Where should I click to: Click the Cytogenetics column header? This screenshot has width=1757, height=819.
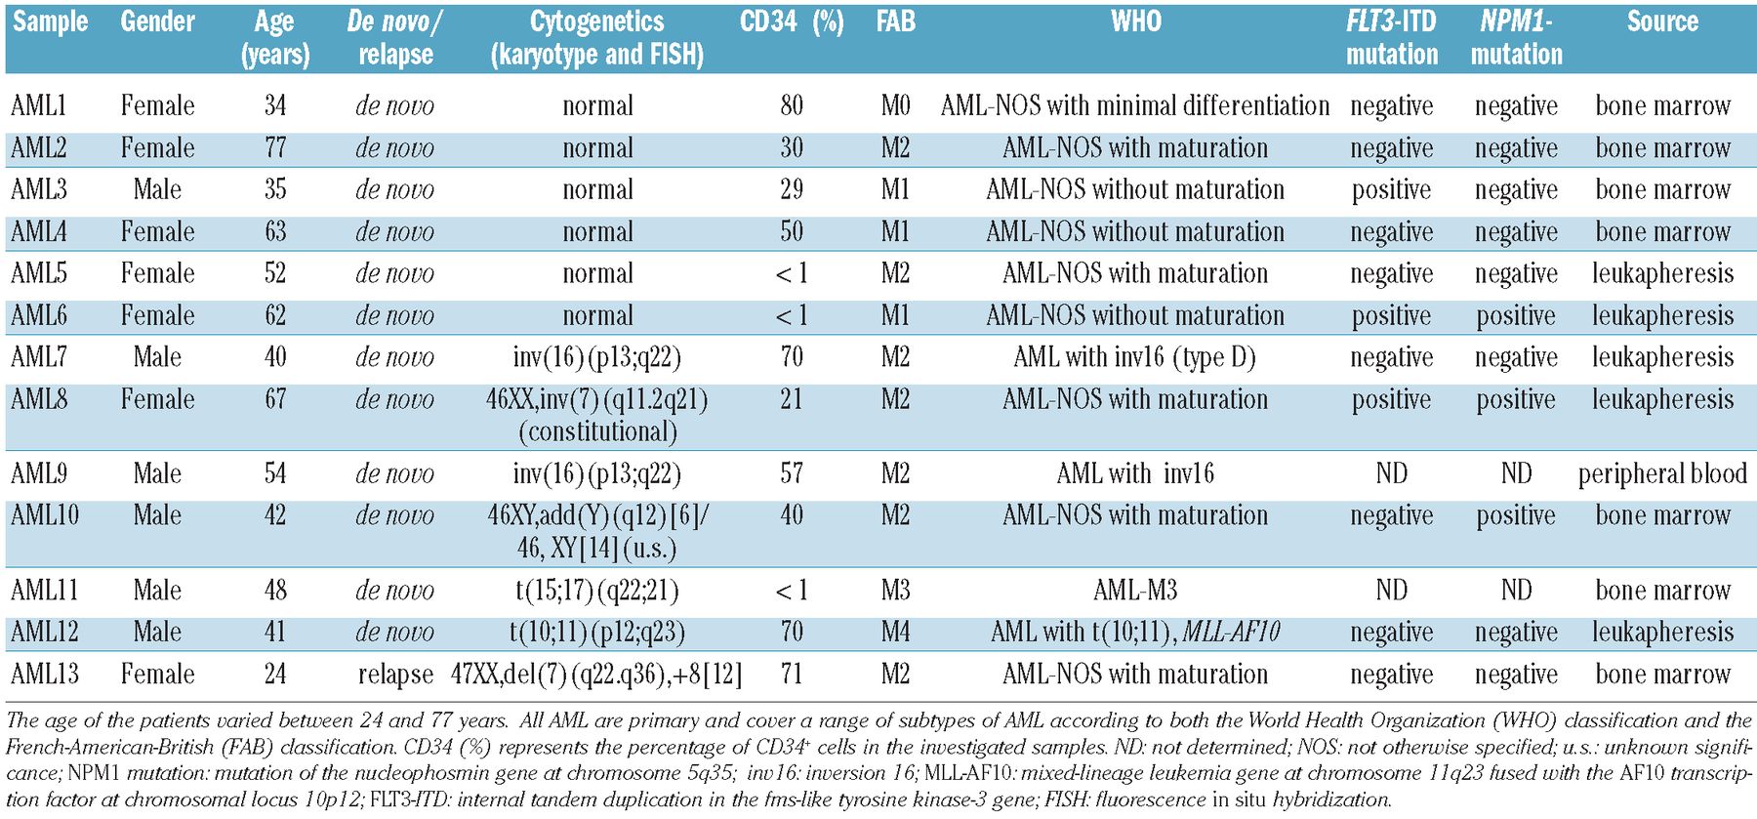(x=596, y=37)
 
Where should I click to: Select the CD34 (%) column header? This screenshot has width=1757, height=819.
(x=792, y=21)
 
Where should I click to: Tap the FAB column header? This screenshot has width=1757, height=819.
(x=895, y=21)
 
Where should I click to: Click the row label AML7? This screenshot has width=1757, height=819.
(x=39, y=357)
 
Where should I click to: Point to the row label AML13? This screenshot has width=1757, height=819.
(x=45, y=675)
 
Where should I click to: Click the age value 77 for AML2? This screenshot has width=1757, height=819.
(x=275, y=148)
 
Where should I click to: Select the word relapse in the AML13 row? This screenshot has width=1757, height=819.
(x=395, y=675)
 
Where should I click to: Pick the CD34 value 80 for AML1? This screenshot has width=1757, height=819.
(x=792, y=105)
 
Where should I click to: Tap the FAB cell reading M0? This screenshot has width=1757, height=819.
(x=895, y=105)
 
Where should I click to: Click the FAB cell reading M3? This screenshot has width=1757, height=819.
(x=895, y=591)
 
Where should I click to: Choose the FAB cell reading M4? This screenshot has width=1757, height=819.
(x=895, y=633)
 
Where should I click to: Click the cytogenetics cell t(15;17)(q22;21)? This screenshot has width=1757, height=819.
(x=596, y=591)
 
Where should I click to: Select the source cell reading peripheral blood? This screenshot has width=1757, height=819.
(x=1662, y=474)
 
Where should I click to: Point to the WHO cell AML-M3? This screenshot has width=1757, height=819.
(x=1135, y=591)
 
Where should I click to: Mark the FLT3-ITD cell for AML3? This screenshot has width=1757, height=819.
(x=1391, y=189)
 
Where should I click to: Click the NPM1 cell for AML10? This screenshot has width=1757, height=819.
(x=1516, y=515)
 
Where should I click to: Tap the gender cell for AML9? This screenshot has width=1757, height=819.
(x=157, y=474)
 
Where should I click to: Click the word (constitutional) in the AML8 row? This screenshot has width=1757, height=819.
(x=596, y=431)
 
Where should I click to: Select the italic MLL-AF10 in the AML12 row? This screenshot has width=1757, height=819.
(x=1231, y=633)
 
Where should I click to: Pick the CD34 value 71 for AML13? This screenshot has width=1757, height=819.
(x=792, y=675)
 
